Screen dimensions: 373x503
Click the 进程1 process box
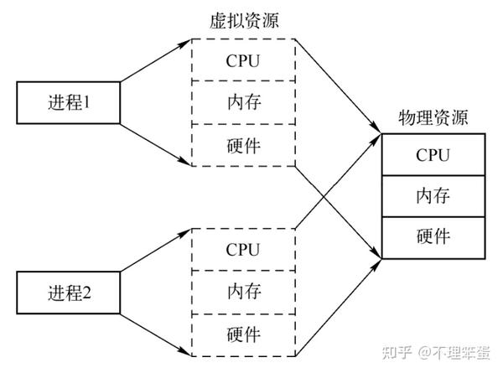[70, 103]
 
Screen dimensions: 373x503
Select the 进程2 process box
[70, 292]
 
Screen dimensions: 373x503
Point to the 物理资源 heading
[433, 117]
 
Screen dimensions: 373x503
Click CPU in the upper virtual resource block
[243, 61]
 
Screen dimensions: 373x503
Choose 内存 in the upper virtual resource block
[243, 102]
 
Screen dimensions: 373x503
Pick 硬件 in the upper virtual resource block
[243, 144]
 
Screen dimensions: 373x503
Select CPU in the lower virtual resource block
[243, 249]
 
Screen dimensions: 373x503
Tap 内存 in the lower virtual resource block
[243, 291]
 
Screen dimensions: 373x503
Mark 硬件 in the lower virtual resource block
[243, 333]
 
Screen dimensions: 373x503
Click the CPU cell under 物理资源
[433, 155]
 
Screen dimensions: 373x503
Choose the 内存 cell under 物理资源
[433, 196]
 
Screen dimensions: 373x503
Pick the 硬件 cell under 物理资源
[433, 236]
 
